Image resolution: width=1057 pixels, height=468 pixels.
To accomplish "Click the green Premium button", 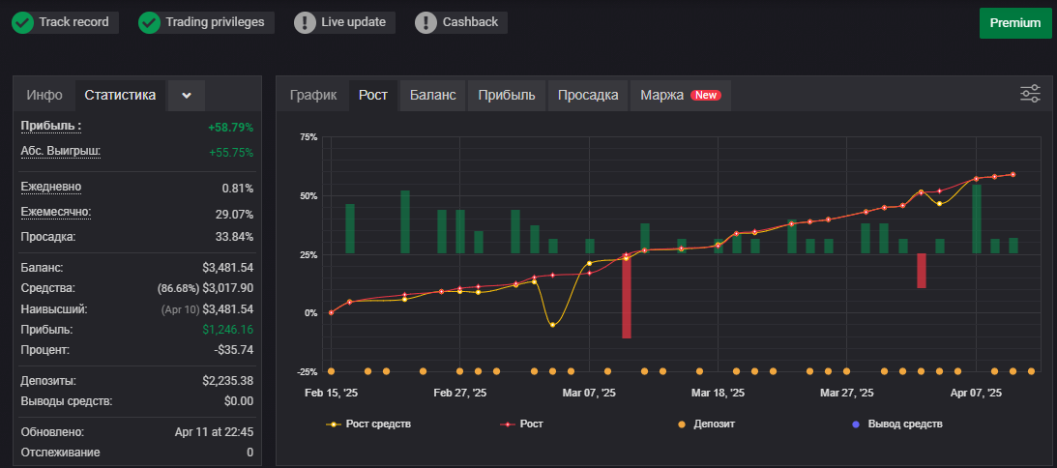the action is (x=1015, y=23).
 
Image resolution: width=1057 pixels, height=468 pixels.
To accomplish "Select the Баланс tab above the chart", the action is (x=433, y=95).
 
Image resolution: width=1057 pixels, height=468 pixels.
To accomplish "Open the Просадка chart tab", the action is (x=588, y=95).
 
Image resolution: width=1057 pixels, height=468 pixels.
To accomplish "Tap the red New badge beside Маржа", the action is (x=706, y=95).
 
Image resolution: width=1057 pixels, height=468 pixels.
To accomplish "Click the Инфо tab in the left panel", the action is (x=44, y=95).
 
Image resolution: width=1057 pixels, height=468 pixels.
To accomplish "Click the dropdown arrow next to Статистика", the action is (x=187, y=96).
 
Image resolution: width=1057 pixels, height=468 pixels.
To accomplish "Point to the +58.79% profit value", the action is (x=231, y=127).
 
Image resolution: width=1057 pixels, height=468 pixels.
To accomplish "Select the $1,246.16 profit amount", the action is (x=228, y=330).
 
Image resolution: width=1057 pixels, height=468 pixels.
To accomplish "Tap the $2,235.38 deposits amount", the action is (x=228, y=381).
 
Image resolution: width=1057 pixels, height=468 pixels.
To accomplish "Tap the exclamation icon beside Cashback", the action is (x=426, y=23).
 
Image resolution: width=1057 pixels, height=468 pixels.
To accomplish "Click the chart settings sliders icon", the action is (x=1030, y=94).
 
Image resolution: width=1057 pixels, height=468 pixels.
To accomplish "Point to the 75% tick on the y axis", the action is (x=308, y=137).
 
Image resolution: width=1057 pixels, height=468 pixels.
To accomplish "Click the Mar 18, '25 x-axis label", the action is (x=718, y=393).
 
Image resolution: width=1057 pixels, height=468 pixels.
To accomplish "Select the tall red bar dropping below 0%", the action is (x=627, y=296).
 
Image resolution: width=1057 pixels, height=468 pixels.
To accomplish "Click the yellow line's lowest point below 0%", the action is (x=553, y=325).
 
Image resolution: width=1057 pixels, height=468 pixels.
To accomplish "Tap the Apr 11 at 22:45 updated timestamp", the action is (x=214, y=432).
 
